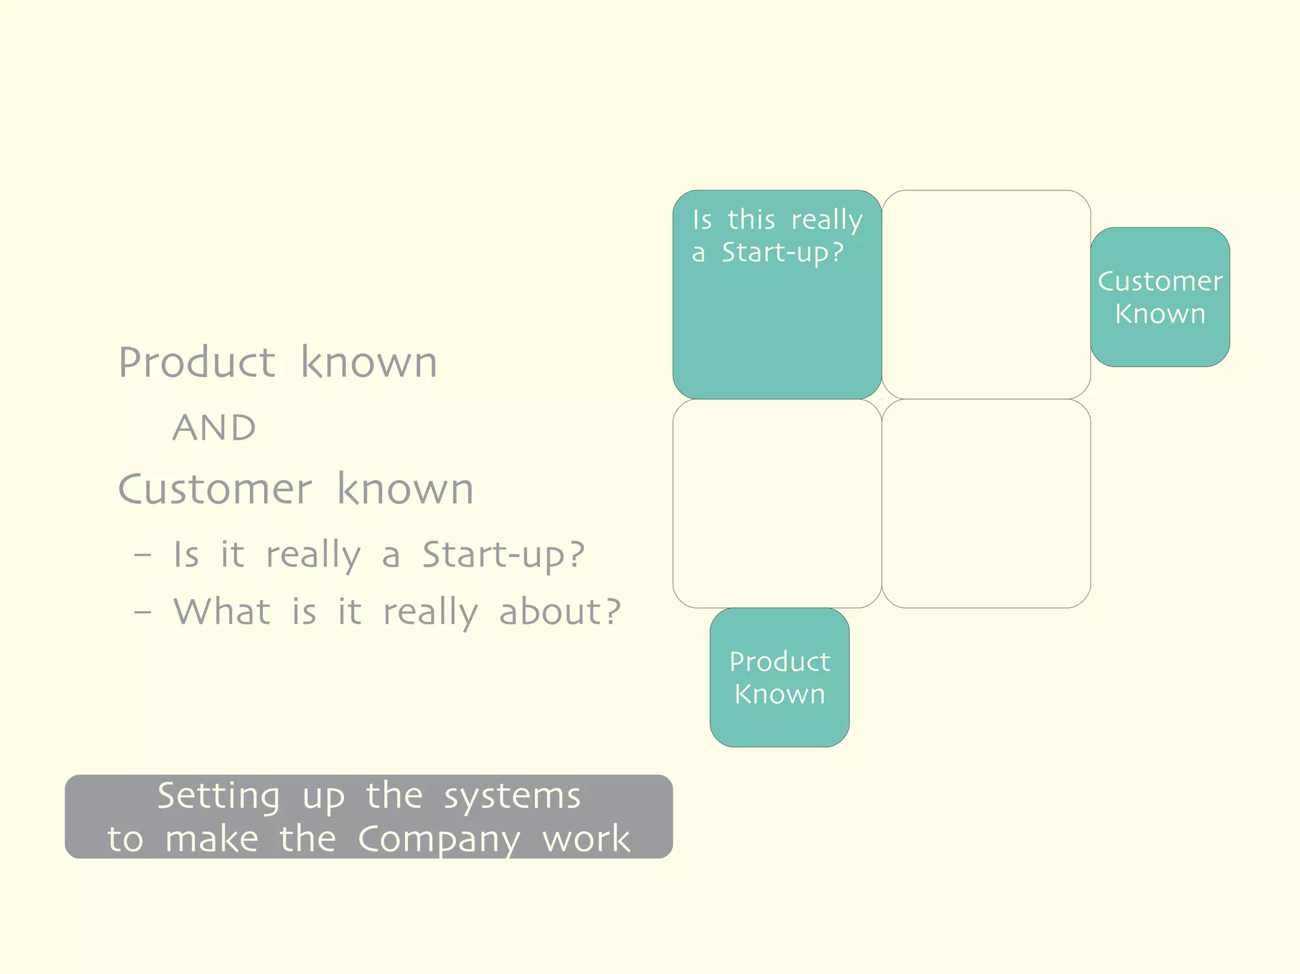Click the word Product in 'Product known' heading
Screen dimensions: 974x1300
[197, 363]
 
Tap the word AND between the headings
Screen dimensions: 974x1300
[215, 428]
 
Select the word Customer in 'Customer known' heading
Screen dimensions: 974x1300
[215, 490]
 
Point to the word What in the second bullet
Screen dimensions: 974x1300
[222, 612]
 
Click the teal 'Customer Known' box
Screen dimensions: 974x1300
[1160, 297]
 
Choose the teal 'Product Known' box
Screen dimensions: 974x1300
[779, 677]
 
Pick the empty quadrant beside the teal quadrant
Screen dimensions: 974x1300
[986, 294]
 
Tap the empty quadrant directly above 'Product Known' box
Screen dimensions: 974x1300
[777, 503]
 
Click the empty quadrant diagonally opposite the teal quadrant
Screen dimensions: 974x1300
[986, 503]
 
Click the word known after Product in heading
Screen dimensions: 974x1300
[369, 363]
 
